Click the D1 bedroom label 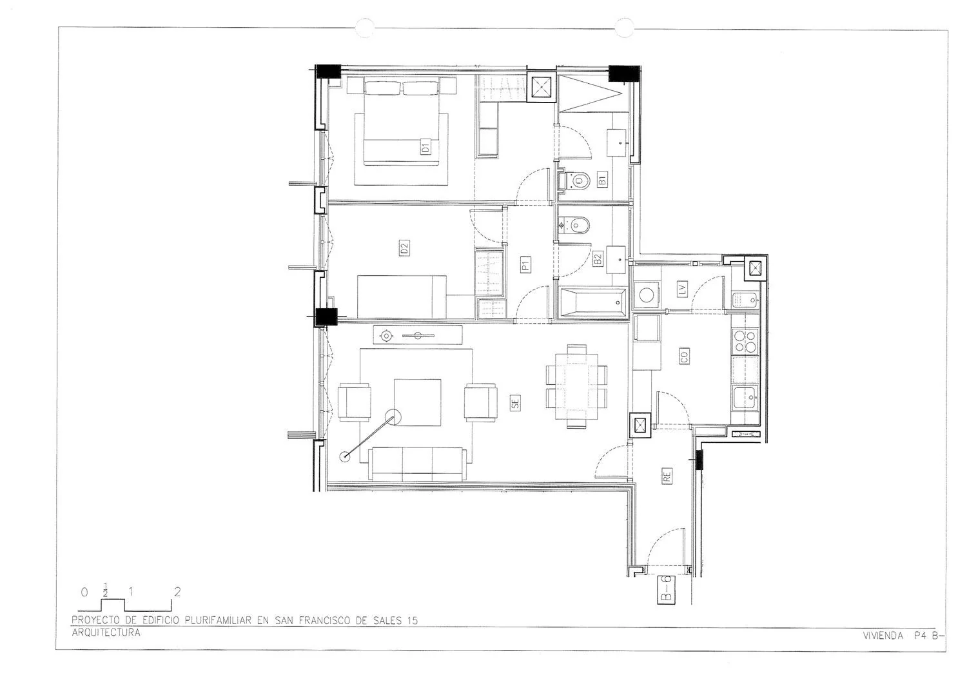point(425,147)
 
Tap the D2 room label point(404,248)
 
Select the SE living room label point(515,402)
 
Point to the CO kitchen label point(684,356)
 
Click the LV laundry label point(683,289)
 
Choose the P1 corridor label point(525,264)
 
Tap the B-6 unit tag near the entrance point(666,589)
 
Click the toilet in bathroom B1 point(574,180)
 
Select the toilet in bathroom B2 point(574,225)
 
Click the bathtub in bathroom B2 point(593,302)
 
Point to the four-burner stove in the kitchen point(745,340)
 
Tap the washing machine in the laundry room point(646,295)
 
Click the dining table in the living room point(576,386)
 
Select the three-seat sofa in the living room point(418,464)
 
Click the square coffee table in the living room point(418,402)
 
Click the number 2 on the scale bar point(177,592)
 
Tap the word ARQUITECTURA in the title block point(106,632)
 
